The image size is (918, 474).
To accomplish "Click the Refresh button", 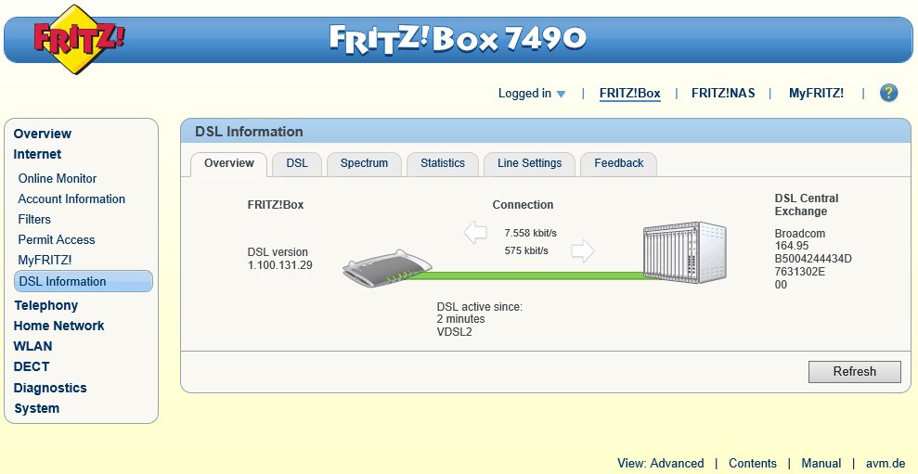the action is click(x=854, y=372).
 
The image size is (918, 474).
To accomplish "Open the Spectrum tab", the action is click(x=364, y=164).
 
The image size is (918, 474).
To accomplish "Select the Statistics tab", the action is click(x=443, y=164).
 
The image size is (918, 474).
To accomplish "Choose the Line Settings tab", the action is click(x=529, y=164).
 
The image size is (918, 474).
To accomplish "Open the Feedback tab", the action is click(x=619, y=164).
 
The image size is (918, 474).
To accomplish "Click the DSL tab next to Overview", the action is click(x=297, y=164).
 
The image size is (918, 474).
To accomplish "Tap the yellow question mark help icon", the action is click(x=888, y=93).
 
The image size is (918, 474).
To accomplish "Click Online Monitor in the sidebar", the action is click(x=58, y=178).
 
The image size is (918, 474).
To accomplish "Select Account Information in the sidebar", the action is click(x=71, y=199).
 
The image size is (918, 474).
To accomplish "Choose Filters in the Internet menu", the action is click(x=34, y=220).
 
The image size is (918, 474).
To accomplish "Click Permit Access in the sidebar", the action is click(x=57, y=240).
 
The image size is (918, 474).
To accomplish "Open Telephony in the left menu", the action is click(x=46, y=305).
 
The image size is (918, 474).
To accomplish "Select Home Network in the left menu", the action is click(x=59, y=326).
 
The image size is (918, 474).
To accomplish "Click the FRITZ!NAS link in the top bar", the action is click(x=723, y=93).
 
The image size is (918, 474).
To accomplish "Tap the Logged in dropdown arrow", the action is click(x=561, y=94).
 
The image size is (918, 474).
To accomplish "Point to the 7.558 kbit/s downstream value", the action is click(x=530, y=234).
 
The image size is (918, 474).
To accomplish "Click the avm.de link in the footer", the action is click(x=886, y=464).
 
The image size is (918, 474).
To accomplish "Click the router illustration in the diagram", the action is click(x=387, y=269).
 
